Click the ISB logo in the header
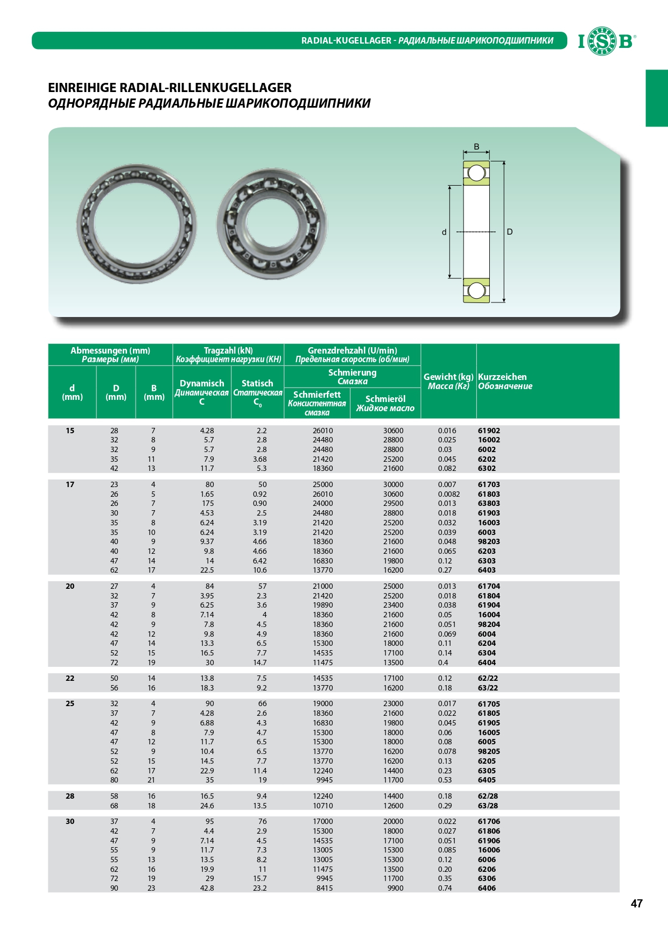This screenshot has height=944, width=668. [x=607, y=41]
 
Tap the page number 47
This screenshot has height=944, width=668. [x=636, y=904]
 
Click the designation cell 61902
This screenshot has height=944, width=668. [x=489, y=431]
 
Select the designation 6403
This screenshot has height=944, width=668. [x=487, y=570]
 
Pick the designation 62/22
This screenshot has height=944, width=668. [x=488, y=678]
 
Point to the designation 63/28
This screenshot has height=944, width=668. [x=488, y=806]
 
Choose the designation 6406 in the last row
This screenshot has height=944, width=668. [x=487, y=888]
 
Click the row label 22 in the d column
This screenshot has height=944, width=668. [x=70, y=678]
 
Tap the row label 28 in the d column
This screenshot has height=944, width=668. [x=70, y=796]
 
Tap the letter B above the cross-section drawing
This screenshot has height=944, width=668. [x=476, y=146]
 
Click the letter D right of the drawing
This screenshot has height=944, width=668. [x=510, y=232]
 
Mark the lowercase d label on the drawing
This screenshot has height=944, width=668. [x=444, y=233]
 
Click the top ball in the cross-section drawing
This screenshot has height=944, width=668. [x=476, y=173]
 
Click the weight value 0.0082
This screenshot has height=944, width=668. [x=448, y=494]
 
